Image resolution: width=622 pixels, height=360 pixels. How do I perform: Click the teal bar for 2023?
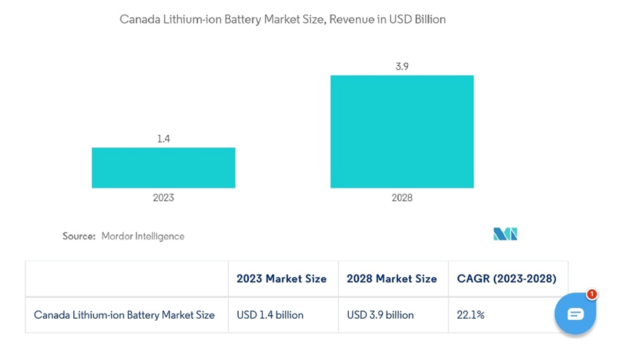coord(164,168)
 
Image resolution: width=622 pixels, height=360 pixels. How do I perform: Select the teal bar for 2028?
coord(402,132)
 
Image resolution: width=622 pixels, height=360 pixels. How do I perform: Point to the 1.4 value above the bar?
coord(164,139)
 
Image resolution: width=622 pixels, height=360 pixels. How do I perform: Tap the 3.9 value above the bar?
coord(402,67)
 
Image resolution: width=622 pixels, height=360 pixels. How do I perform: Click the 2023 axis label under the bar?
coord(164,198)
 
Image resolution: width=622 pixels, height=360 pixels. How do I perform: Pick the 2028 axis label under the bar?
coord(402,198)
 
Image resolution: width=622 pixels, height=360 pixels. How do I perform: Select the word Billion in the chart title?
coord(428,20)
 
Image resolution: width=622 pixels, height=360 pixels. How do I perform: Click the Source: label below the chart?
coord(79,236)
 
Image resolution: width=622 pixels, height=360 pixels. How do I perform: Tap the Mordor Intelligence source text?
coord(143,236)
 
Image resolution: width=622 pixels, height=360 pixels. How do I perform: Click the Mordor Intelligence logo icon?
coord(505,234)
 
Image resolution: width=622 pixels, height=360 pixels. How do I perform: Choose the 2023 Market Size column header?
coord(281,279)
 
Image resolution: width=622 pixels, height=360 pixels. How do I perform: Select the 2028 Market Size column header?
coord(392,279)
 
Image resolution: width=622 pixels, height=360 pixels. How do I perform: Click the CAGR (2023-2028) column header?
coord(507,279)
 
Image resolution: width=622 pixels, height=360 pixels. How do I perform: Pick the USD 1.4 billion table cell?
coord(270,315)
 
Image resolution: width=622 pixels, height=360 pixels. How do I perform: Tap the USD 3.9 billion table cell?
coord(380,315)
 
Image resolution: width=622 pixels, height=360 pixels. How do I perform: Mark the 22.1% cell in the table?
coord(470,315)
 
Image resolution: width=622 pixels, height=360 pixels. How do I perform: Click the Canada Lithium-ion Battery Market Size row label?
coord(124,315)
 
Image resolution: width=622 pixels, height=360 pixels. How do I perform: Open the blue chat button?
coord(575,314)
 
